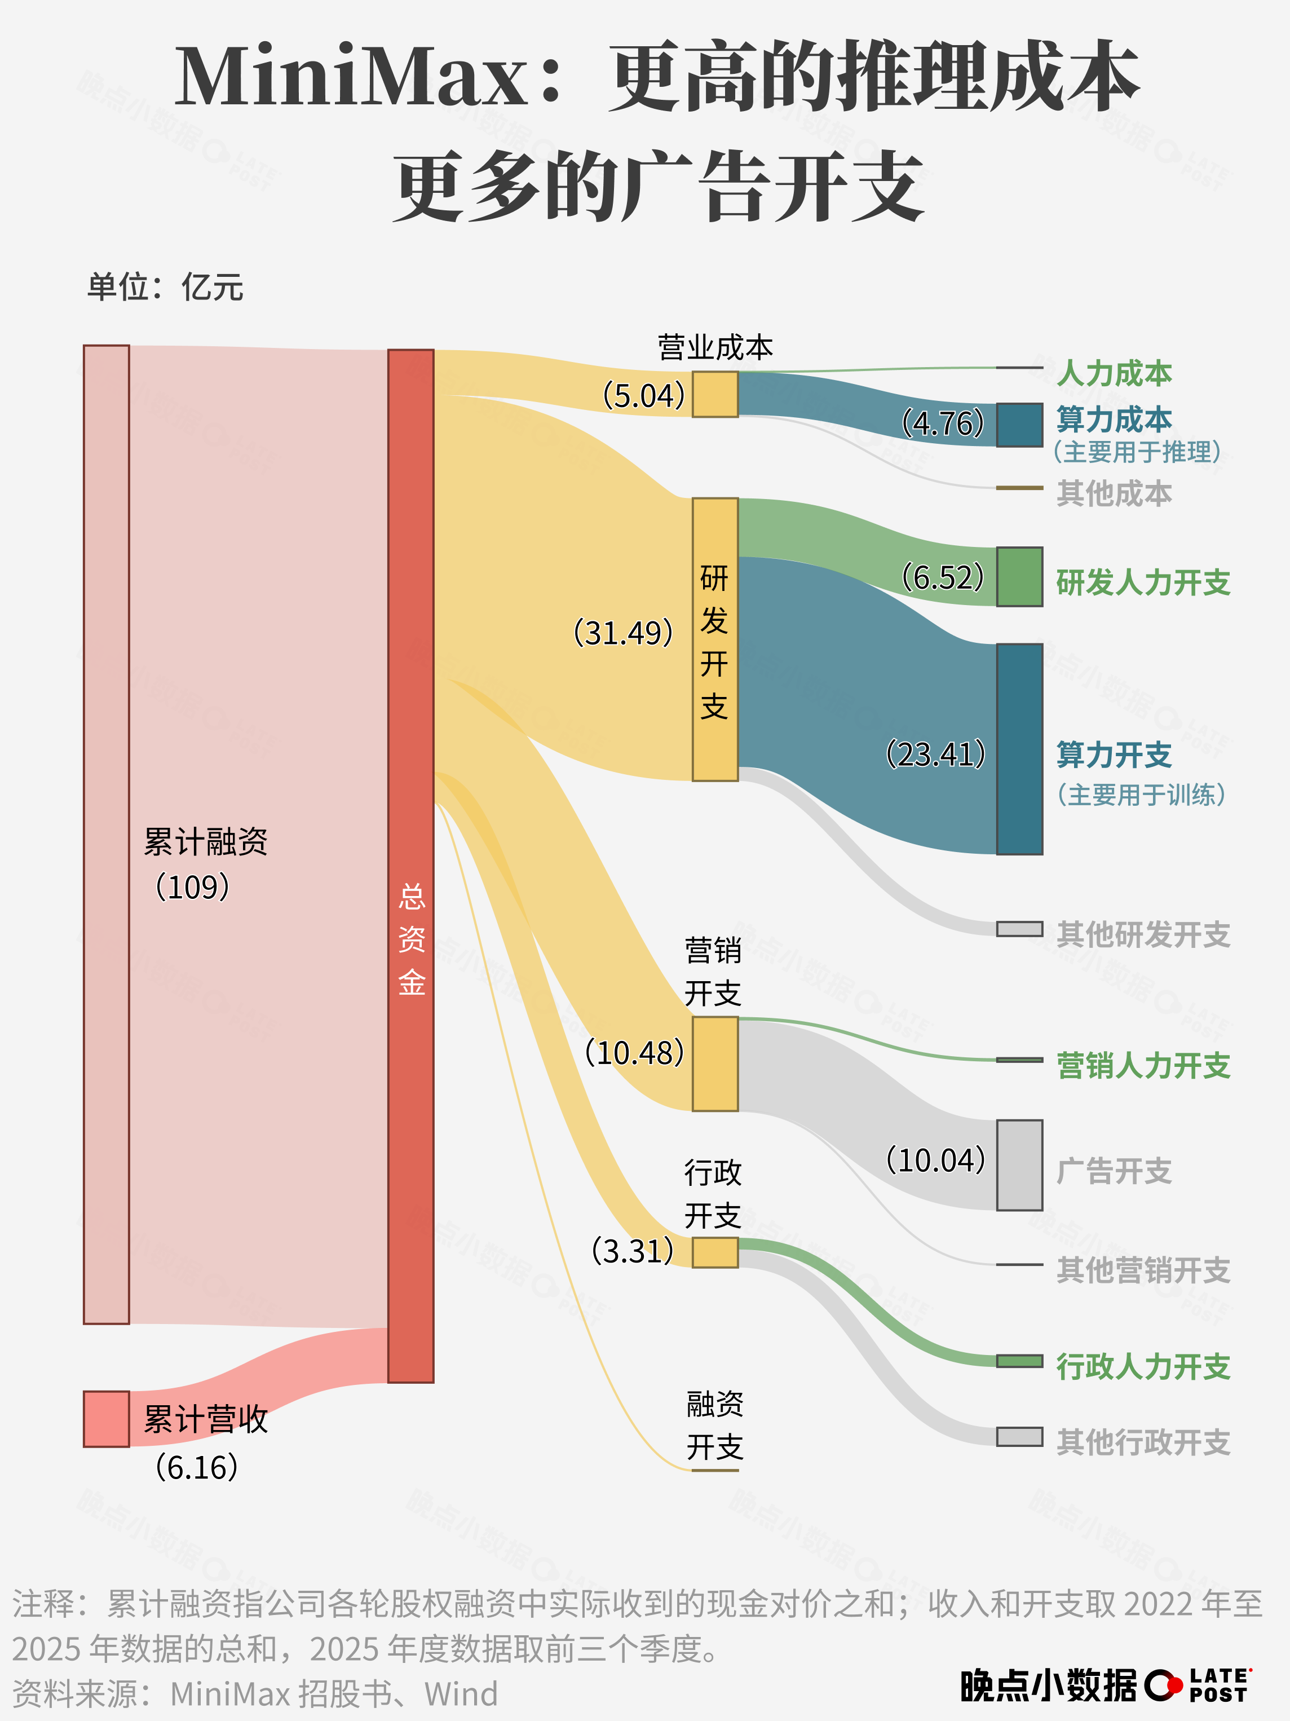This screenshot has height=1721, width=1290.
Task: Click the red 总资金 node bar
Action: [411, 864]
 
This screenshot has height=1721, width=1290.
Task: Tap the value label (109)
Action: [192, 887]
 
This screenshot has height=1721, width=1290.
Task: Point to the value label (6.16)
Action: [196, 1467]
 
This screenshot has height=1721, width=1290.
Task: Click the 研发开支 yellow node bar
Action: [715, 639]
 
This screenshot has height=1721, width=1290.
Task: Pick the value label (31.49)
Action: [622, 633]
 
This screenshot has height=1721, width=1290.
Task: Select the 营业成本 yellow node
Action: [715, 395]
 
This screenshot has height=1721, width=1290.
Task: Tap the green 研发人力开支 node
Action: [1019, 576]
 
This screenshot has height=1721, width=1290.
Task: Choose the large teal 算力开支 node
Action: [1019, 748]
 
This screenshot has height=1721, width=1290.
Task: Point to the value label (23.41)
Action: [936, 754]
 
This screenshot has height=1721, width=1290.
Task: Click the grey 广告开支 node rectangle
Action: [1019, 1164]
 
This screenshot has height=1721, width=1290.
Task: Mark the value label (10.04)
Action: [936, 1160]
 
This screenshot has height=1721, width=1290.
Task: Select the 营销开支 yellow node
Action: [715, 1064]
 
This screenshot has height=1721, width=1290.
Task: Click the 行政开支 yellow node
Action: [715, 1252]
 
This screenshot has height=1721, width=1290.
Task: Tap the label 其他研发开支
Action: [1143, 934]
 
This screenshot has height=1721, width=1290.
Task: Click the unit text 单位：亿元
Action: [165, 287]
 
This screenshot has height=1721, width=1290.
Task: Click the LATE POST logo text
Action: [1219, 1685]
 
